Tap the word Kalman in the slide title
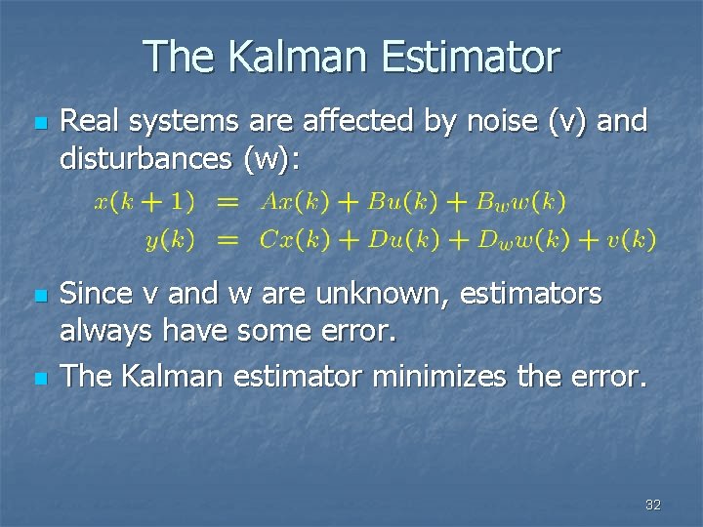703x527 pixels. pyautogui.click(x=299, y=57)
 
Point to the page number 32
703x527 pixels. pyautogui.click(x=653, y=505)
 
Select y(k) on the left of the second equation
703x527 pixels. pyautogui.click(x=170, y=239)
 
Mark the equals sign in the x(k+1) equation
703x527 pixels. pyautogui.click(x=227, y=202)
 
